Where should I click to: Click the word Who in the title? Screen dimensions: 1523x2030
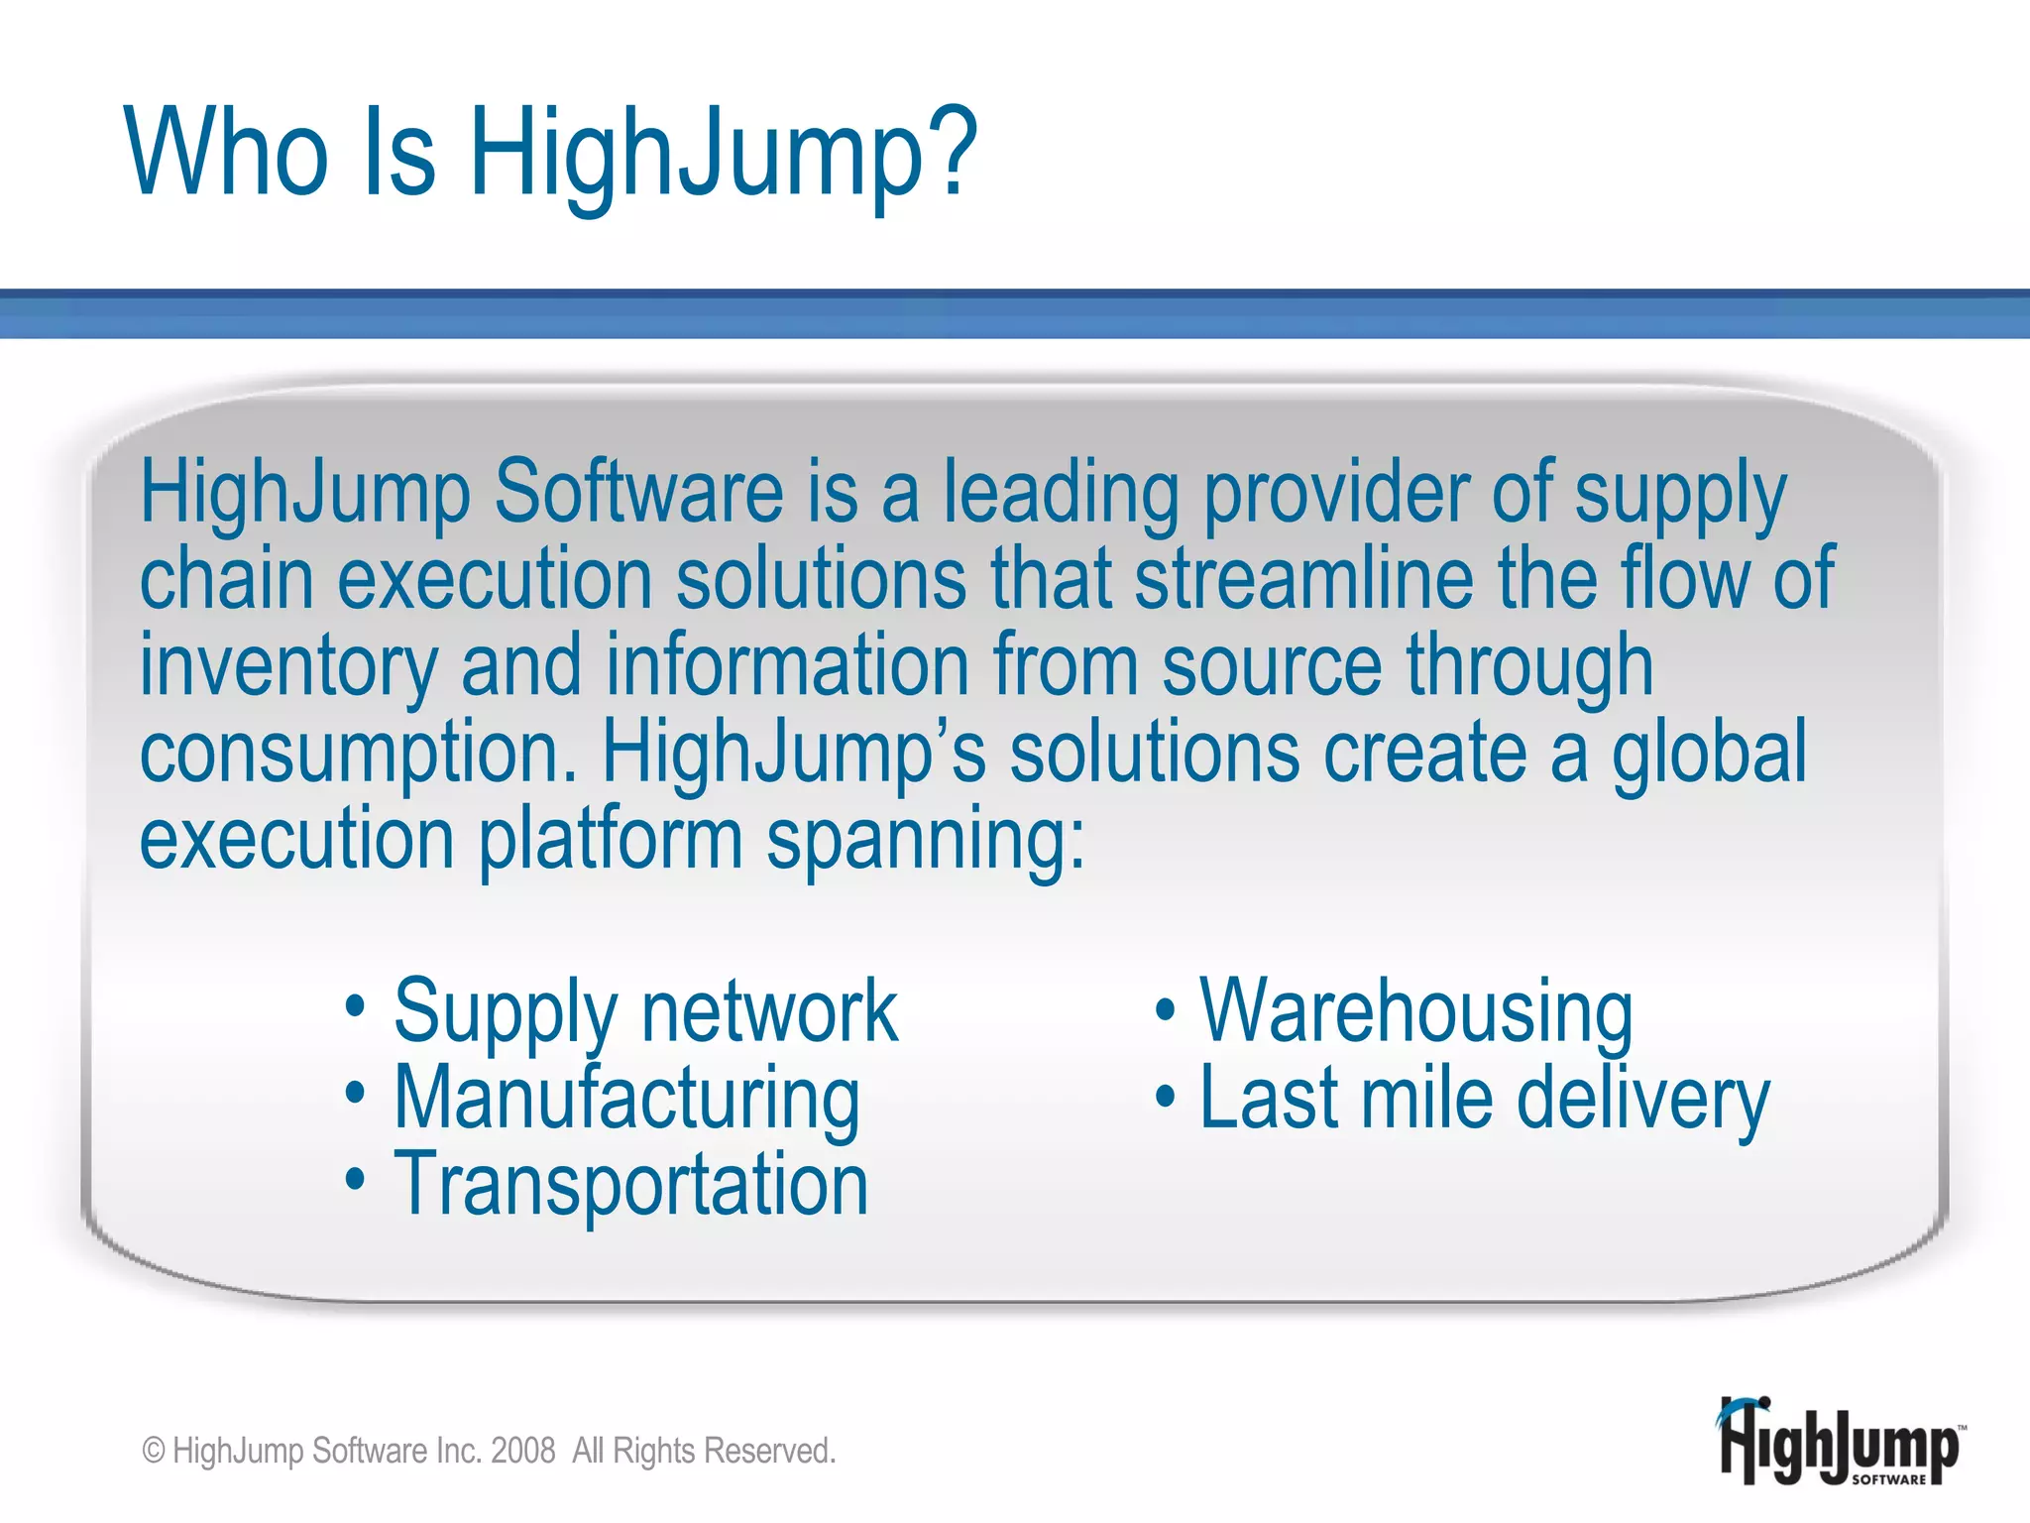coord(226,151)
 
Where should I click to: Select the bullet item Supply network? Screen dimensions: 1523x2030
coord(645,1011)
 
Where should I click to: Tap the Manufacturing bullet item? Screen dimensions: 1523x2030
coord(626,1099)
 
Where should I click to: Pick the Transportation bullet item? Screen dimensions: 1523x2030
coord(630,1184)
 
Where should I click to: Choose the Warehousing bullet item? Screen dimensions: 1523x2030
coord(1415,1011)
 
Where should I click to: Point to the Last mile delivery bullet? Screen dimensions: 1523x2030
coord(1484,1099)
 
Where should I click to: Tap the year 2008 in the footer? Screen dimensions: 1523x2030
coord(522,1451)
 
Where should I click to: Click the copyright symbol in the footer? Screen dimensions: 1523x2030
coord(154,1451)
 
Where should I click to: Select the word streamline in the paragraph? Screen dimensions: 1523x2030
coord(1303,579)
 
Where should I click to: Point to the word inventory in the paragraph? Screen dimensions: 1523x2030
coord(288,666)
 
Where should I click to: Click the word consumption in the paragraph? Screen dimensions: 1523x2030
coord(358,754)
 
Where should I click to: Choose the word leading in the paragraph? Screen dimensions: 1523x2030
coord(1061,493)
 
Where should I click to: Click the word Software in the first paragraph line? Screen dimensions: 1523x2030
coord(639,493)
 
